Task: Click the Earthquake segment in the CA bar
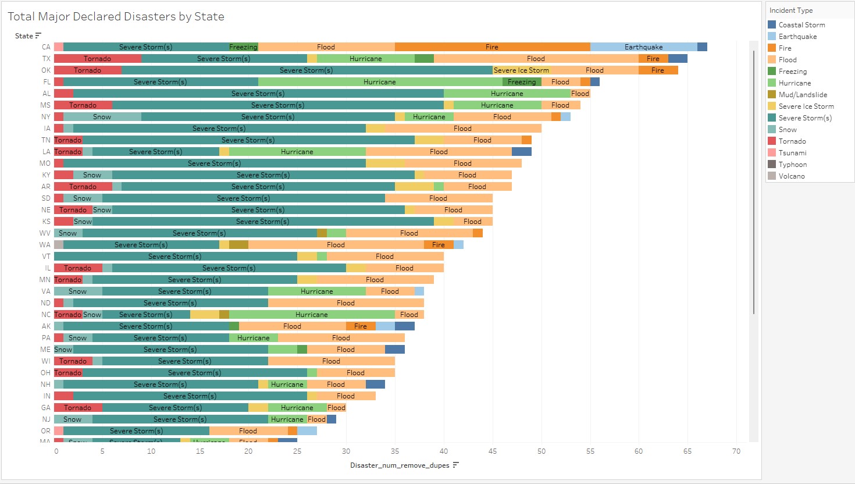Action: (643, 47)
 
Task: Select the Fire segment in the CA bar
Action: (492, 47)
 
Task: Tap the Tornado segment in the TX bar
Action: (97, 59)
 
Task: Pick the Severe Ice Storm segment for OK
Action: (521, 70)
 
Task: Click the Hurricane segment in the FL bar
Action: (380, 82)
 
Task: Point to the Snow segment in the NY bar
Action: (102, 117)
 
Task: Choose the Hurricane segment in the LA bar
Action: (297, 152)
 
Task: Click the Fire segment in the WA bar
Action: (439, 245)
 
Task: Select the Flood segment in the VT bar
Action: (384, 257)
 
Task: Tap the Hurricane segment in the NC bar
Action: (312, 315)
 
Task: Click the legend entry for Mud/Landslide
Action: (802, 95)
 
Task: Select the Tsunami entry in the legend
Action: (792, 153)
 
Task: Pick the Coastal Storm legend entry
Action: (801, 25)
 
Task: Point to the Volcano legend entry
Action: (791, 176)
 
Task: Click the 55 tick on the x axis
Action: (590, 451)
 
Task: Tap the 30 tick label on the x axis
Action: (346, 451)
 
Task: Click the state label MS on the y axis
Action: (45, 105)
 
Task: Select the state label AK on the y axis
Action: (46, 326)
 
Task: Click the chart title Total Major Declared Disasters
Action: (116, 17)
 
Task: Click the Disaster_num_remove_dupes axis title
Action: (400, 465)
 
